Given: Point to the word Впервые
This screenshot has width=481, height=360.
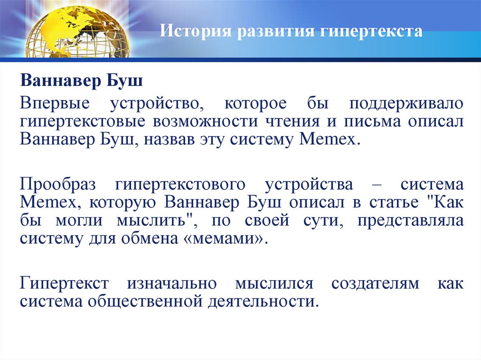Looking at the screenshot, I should (x=52, y=102).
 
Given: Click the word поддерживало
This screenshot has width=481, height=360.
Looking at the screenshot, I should (x=402, y=102).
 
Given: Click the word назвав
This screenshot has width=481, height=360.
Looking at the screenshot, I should (x=178, y=140).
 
